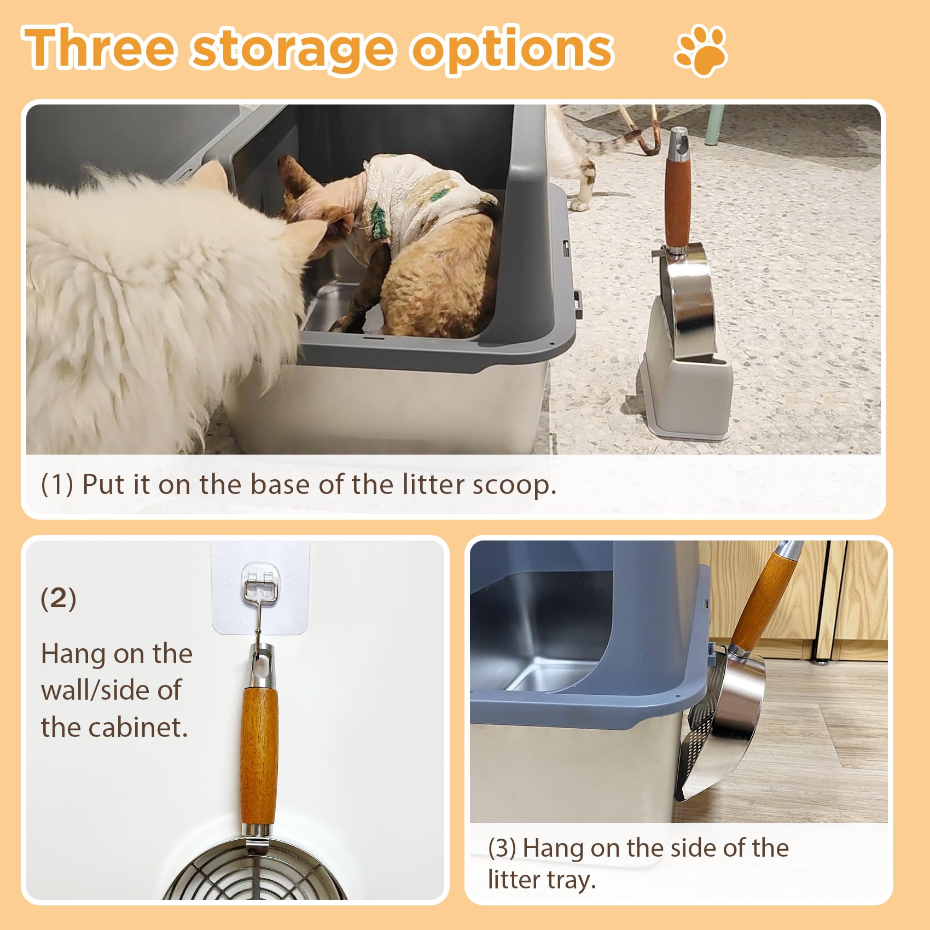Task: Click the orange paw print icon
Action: tap(701, 50)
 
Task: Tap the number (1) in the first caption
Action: tap(57, 485)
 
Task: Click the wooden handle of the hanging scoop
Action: tap(259, 755)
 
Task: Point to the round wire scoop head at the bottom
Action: tap(257, 873)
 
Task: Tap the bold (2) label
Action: tap(58, 598)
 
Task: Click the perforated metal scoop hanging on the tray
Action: tap(722, 728)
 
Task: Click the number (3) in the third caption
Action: tap(502, 848)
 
